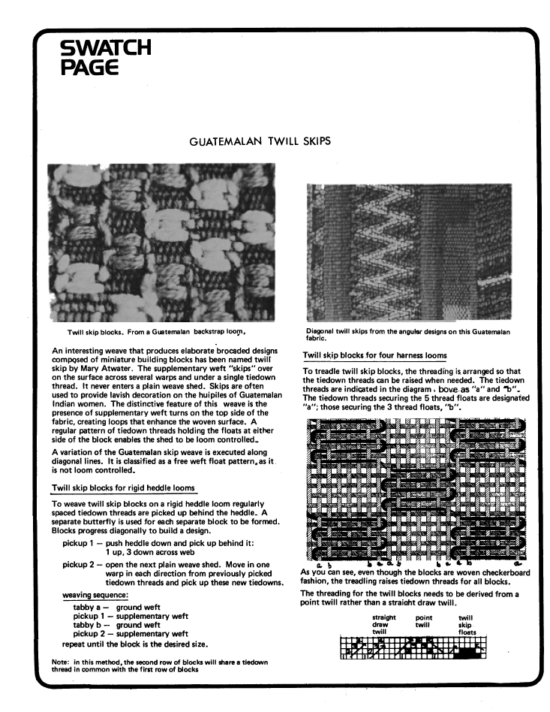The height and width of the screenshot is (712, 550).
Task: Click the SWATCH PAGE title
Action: (105, 58)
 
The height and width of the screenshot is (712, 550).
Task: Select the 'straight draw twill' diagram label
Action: (383, 624)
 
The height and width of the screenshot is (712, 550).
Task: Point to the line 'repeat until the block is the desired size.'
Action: (135, 644)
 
